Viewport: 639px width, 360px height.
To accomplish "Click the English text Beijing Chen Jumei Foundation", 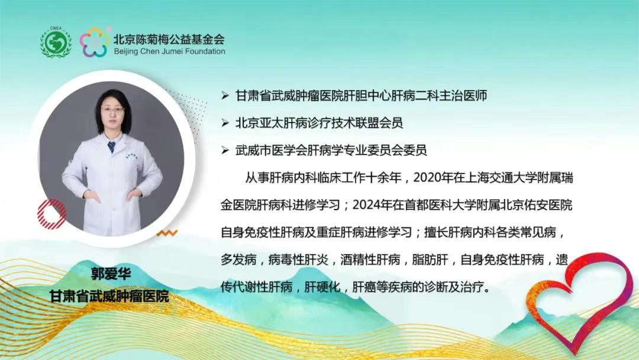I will (169, 52).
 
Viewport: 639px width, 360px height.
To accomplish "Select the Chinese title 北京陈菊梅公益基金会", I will (169, 39).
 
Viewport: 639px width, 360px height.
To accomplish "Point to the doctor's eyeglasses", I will (112, 110).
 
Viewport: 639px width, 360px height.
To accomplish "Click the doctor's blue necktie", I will (111, 146).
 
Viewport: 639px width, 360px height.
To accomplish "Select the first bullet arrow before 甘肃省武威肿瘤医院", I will (225, 95).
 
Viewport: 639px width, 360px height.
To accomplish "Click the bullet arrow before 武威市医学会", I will (225, 151).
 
